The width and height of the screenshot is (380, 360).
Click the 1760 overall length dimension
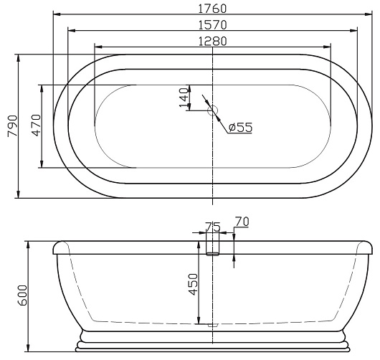[212, 9]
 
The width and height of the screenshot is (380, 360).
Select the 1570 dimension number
[212, 24]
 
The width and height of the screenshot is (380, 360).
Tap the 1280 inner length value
[212, 41]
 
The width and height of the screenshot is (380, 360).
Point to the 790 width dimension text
[13, 125]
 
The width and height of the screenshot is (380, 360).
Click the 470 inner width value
[36, 125]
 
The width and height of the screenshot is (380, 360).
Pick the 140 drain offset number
[184, 98]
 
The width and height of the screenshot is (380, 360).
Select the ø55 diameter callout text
[240, 127]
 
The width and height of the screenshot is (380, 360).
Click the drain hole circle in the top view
[212, 110]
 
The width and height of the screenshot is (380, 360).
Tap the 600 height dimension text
[22, 295]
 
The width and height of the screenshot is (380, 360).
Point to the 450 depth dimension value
[193, 285]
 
